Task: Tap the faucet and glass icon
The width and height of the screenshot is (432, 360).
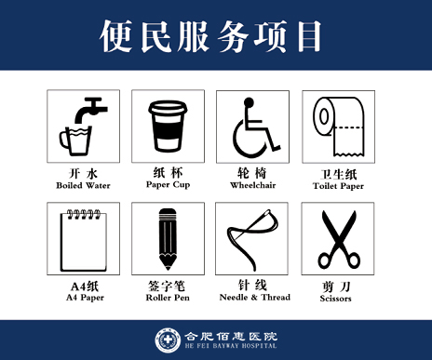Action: click(x=82, y=126)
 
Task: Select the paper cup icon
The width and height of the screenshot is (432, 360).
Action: click(x=168, y=126)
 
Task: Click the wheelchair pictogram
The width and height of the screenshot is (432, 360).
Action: click(x=253, y=126)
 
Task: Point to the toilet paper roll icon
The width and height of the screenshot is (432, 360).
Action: click(x=339, y=126)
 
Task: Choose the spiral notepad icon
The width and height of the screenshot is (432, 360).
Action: click(x=82, y=238)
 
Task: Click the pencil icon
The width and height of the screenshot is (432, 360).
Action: click(x=168, y=238)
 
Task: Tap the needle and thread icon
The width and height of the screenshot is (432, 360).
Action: click(x=253, y=238)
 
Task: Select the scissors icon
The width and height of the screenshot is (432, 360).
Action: click(x=339, y=238)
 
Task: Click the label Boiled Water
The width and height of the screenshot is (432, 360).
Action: click(x=82, y=185)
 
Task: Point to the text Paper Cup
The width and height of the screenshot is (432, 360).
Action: click(x=168, y=184)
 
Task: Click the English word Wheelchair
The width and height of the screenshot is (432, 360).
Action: click(x=253, y=185)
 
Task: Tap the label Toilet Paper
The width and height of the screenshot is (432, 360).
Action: click(x=339, y=185)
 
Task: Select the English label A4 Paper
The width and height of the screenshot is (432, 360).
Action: click(x=82, y=298)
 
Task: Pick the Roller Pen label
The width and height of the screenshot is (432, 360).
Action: click(x=168, y=298)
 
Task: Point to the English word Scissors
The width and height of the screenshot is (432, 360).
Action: click(x=339, y=298)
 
